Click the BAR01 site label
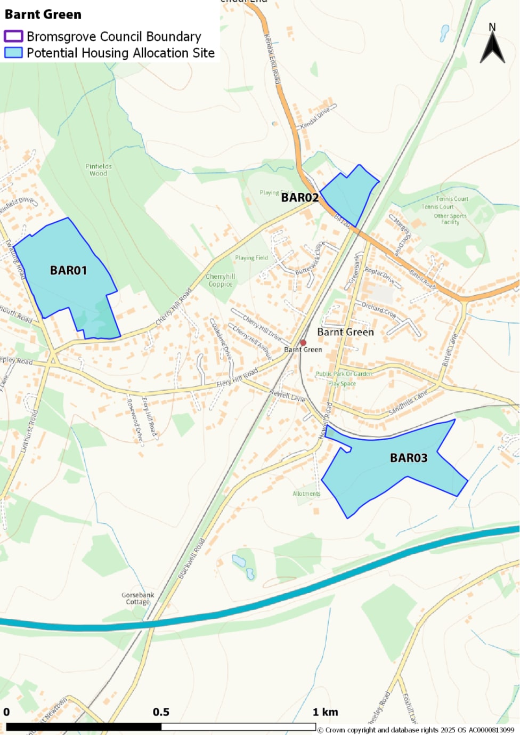click(x=68, y=270)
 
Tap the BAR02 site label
click(x=299, y=197)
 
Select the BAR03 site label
click(x=409, y=458)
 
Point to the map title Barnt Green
click(x=43, y=14)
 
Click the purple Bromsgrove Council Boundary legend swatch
click(x=13, y=36)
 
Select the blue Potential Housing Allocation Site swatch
click(x=13, y=53)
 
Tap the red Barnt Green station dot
click(x=303, y=343)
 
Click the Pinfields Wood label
click(x=99, y=170)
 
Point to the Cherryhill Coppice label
click(x=221, y=280)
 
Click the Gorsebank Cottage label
click(x=137, y=599)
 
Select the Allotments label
click(x=306, y=494)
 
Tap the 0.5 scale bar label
click(x=161, y=712)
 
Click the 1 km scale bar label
click(x=325, y=712)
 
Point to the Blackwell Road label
click(x=192, y=559)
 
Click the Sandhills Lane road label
click(x=408, y=402)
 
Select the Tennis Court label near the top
click(x=452, y=199)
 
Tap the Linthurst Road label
click(x=29, y=431)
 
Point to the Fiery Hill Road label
click(x=237, y=377)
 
